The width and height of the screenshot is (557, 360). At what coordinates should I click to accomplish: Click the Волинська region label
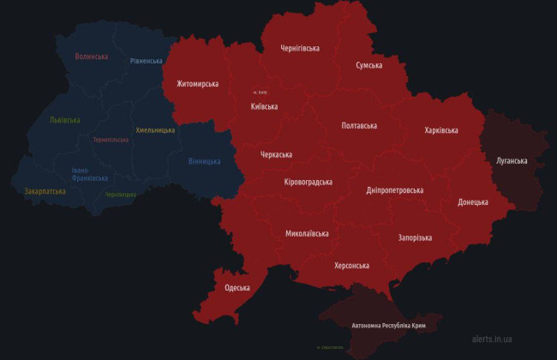click(92, 57)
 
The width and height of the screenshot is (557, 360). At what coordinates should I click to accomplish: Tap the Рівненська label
click(147, 61)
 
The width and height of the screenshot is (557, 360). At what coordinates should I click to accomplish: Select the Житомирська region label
click(197, 84)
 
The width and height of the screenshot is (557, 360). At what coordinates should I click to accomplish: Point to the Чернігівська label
click(300, 48)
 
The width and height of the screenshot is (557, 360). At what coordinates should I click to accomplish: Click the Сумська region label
click(369, 65)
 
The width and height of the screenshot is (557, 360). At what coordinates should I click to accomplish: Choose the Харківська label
click(440, 130)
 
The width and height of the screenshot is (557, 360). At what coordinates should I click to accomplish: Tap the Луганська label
click(512, 160)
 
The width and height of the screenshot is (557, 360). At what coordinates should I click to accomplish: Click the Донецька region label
click(473, 202)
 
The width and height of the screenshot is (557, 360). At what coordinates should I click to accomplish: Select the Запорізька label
click(415, 237)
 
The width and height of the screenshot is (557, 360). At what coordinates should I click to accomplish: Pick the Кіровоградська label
click(308, 182)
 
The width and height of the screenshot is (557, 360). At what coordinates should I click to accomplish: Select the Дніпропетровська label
click(394, 189)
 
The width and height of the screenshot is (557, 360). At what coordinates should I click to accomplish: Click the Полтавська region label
click(359, 125)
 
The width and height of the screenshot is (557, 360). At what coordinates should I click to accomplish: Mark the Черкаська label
click(276, 155)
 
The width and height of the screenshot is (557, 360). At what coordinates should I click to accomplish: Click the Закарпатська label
click(45, 191)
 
